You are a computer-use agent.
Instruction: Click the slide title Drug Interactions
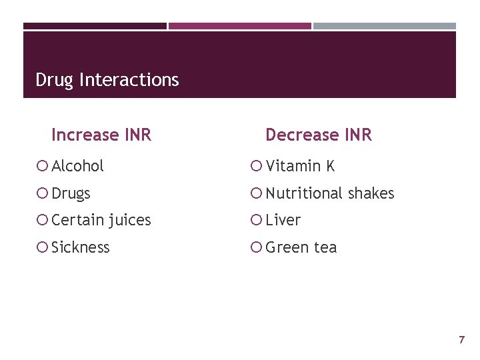pyautogui.click(x=107, y=80)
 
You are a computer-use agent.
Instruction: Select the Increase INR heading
pyautogui.click(x=101, y=135)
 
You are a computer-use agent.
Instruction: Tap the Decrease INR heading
pyautogui.click(x=318, y=135)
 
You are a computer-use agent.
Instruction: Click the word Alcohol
pyautogui.click(x=77, y=166)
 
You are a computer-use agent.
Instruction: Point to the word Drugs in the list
pyautogui.click(x=71, y=194)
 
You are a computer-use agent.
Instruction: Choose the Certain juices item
pyautogui.click(x=101, y=220)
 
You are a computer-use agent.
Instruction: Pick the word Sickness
pyautogui.click(x=80, y=247)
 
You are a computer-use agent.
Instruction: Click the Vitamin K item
pyautogui.click(x=299, y=166)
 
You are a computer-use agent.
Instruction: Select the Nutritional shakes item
pyautogui.click(x=329, y=193)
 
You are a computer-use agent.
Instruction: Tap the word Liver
pyautogui.click(x=283, y=220)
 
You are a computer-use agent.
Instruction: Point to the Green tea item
pyautogui.click(x=301, y=247)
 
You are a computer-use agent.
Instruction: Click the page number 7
pyautogui.click(x=461, y=340)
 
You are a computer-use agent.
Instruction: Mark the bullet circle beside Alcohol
pyautogui.click(x=43, y=166)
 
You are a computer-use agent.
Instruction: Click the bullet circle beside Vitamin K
pyautogui.click(x=257, y=166)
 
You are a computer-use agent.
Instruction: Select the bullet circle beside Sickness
pyautogui.click(x=43, y=247)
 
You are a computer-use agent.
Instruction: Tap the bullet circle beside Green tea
pyautogui.click(x=257, y=247)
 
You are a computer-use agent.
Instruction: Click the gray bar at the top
pyautogui.click(x=385, y=26)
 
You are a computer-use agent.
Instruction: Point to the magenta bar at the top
pyautogui.click(x=239, y=26)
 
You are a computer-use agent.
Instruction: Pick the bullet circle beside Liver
pyautogui.click(x=257, y=220)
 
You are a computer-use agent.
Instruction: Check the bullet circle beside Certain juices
pyautogui.click(x=43, y=220)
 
